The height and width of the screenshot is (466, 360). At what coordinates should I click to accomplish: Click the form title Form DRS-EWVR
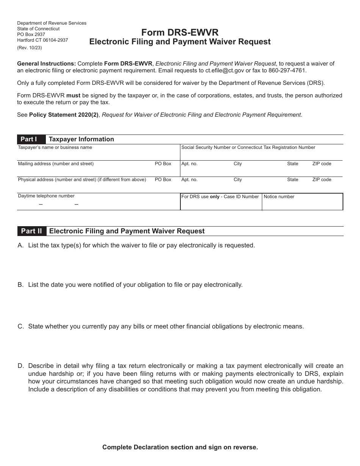(180, 33)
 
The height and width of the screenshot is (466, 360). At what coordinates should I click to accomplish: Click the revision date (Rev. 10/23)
(30, 48)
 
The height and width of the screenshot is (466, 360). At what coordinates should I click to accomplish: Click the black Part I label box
(31, 139)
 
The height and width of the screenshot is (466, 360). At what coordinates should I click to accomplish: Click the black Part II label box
(32, 231)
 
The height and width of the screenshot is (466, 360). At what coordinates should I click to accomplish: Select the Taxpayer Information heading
(81, 139)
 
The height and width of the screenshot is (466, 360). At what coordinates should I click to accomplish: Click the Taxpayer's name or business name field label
(55, 147)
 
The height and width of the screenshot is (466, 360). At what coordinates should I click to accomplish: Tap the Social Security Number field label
(248, 147)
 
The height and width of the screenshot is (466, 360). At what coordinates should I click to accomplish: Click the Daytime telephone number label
(46, 196)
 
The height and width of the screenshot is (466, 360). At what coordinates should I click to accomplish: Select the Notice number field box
(302, 202)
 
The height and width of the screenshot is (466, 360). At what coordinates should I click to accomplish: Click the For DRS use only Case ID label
(220, 197)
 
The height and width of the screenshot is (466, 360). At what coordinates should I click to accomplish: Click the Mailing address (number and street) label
(56, 164)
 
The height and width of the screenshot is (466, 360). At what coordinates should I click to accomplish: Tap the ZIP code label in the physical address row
(321, 180)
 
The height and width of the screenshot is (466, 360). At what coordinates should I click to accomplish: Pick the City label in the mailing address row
(238, 164)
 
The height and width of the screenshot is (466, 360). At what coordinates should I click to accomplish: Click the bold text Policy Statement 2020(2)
(64, 115)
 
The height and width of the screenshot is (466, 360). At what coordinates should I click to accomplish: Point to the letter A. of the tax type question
(21, 245)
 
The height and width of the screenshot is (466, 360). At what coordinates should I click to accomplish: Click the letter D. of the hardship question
(21, 366)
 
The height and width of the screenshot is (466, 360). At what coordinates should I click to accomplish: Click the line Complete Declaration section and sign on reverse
(180, 447)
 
